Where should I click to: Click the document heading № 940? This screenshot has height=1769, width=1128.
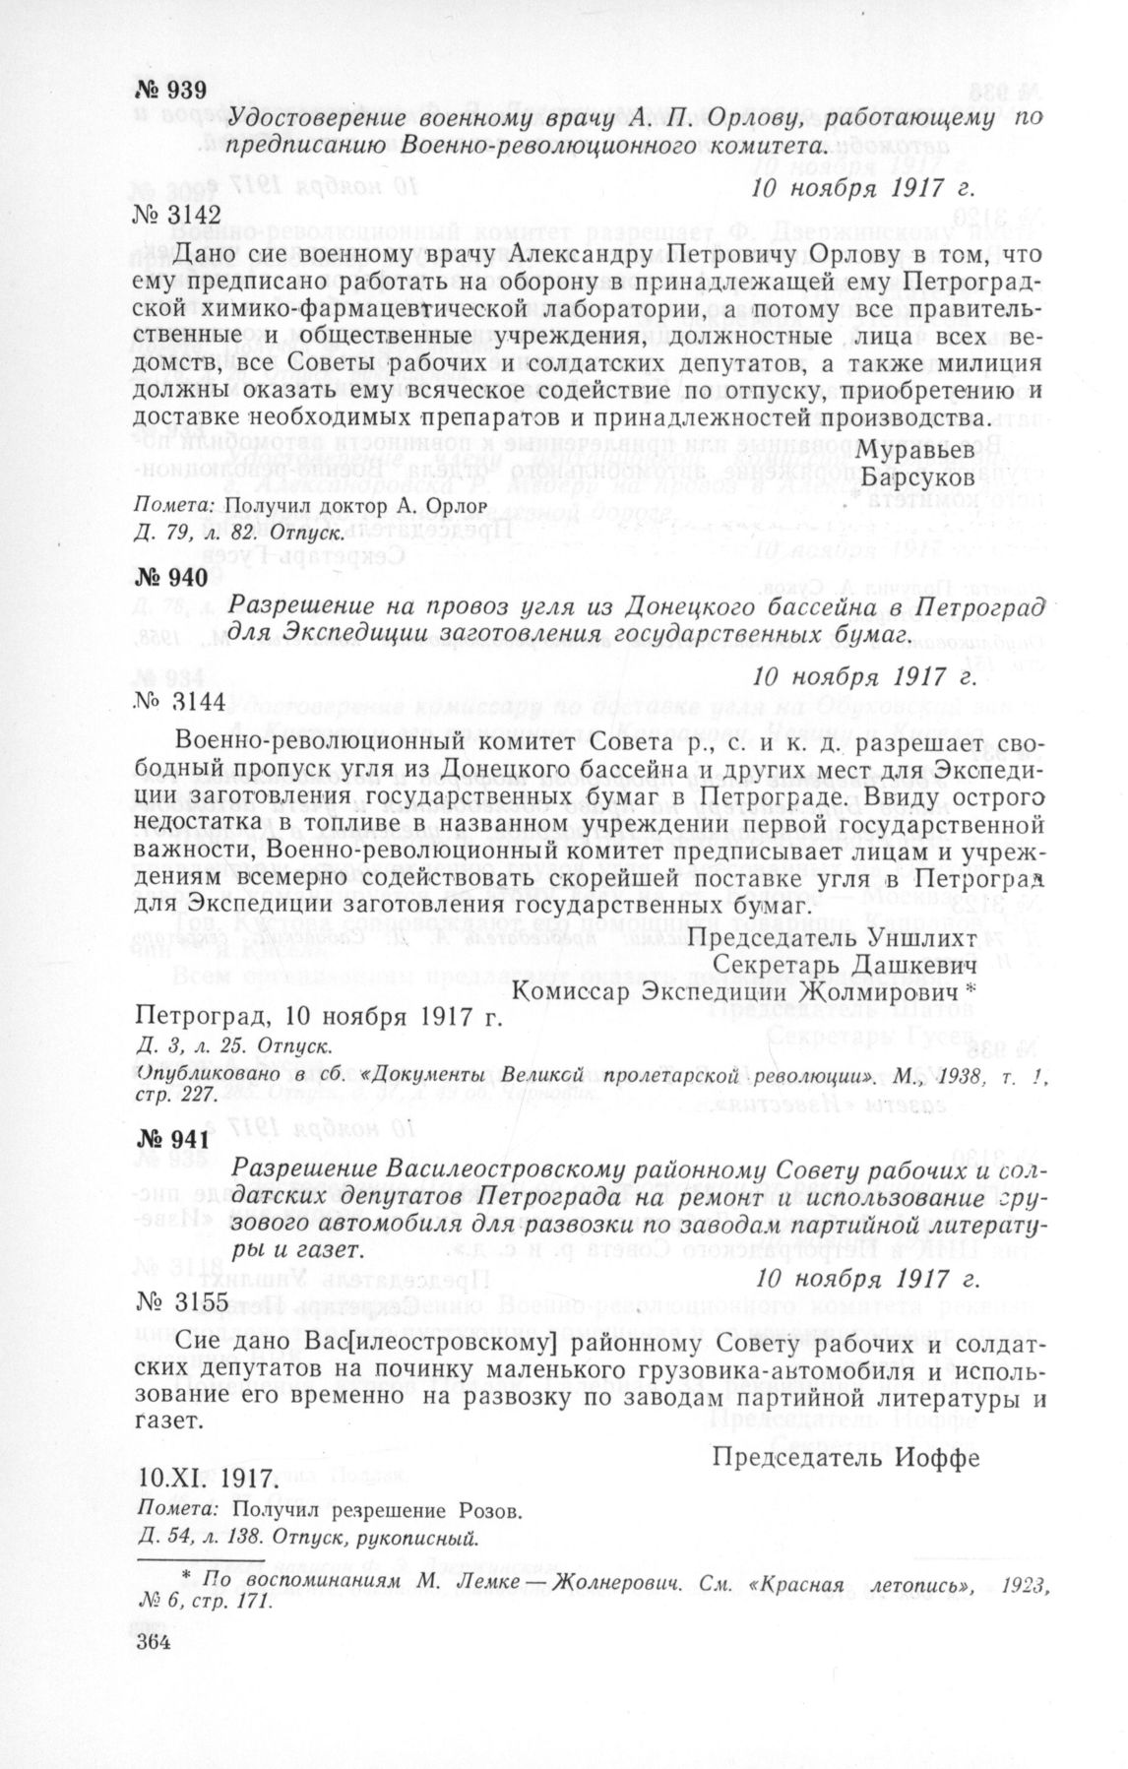170,578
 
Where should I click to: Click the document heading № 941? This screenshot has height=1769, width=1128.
170,1140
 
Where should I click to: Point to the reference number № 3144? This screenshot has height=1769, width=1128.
180,702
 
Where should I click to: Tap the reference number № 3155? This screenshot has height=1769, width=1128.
182,1302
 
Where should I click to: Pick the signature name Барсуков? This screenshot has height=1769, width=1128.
920,476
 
